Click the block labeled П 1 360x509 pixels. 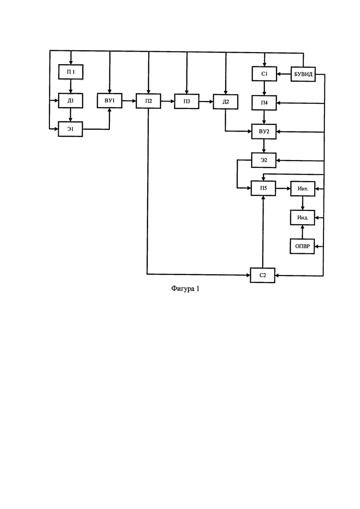pos(71,72)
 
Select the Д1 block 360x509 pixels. pos(71,101)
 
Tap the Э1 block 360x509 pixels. pos(71,129)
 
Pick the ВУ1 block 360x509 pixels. pos(110,100)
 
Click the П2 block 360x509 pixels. pos(148,101)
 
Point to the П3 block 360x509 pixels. pos(186,101)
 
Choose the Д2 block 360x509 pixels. pos(226,102)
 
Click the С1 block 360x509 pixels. pos(264,74)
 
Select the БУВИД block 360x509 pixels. pos(303,74)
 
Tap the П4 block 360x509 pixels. pos(264,103)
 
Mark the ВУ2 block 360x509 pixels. pos(264,132)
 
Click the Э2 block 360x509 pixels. pos(264,160)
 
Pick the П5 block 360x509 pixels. pos(263,188)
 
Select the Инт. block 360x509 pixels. pos(303,189)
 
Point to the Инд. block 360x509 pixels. pos(302,217)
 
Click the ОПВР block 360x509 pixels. pos(302,246)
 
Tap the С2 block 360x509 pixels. pos(263,275)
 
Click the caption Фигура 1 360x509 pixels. pos(186,288)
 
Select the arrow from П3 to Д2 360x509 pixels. pos(206,102)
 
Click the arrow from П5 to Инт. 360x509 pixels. pos(283,188)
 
